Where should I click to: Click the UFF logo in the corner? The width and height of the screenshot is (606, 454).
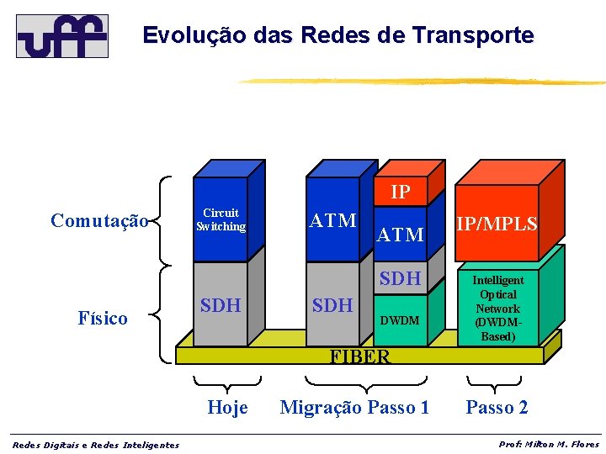62,35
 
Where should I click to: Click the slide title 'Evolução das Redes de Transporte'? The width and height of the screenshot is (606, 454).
338,35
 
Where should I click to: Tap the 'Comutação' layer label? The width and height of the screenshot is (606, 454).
99,220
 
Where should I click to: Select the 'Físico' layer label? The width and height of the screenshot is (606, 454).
103,318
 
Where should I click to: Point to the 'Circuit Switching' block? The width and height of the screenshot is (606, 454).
221,220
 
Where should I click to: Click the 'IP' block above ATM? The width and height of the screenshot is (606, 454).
401,193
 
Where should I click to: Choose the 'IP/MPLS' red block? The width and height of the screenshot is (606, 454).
497,224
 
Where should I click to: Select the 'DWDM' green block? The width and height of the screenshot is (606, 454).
400,320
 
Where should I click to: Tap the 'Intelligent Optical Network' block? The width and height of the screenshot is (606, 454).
497,309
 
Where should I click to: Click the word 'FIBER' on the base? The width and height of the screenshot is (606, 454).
360,356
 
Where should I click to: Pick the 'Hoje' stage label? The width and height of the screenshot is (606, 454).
227,408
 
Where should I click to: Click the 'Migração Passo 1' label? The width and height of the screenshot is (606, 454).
354,408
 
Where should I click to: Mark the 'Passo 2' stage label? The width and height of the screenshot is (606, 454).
497,408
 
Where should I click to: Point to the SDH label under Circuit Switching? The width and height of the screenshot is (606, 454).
221,305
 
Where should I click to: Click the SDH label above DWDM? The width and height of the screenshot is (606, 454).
400,278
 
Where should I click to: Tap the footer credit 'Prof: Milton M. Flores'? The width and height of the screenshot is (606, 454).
549,444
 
